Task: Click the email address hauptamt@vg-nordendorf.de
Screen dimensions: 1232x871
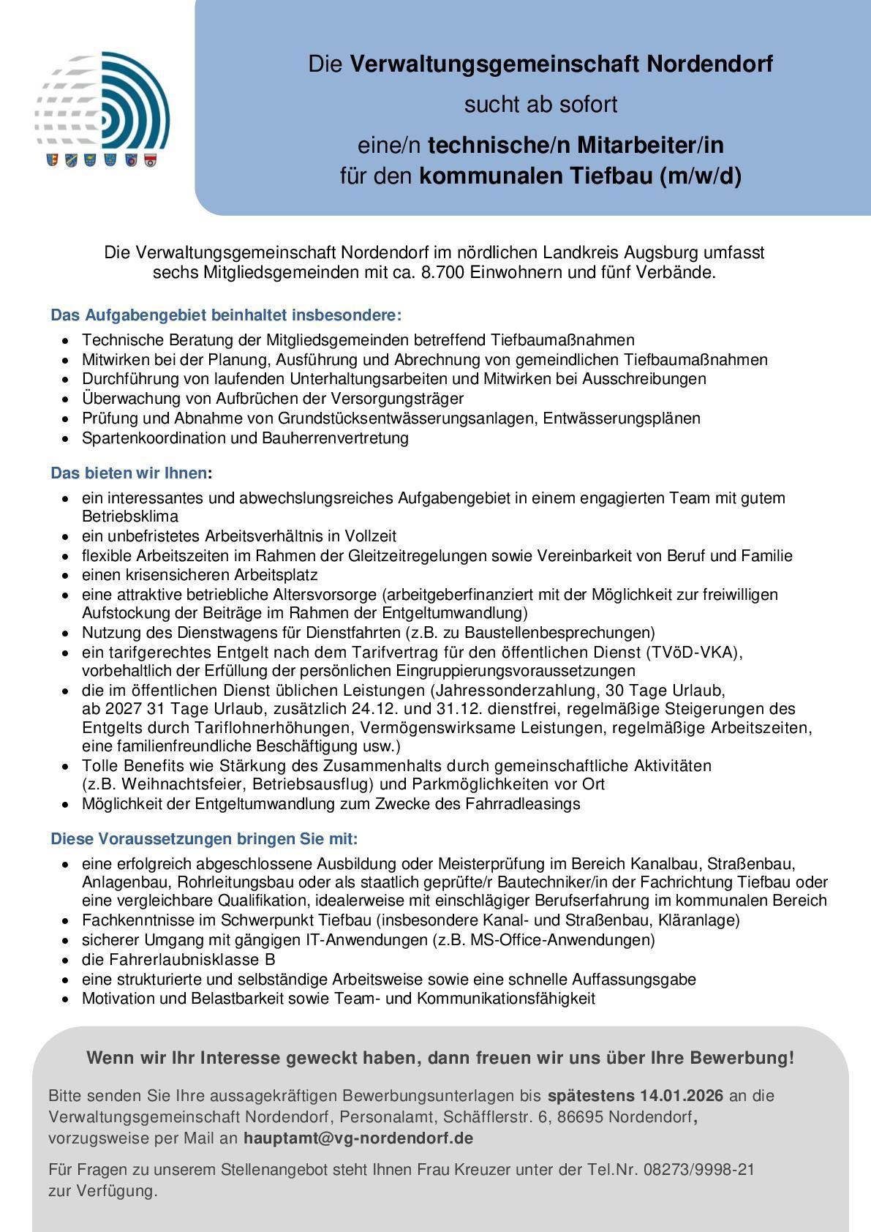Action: [358, 1138]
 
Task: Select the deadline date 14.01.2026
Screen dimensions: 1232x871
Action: [682, 1096]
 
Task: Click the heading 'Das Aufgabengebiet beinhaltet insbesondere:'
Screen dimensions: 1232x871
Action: [226, 316]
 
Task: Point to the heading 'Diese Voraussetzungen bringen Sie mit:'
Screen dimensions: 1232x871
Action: [204, 839]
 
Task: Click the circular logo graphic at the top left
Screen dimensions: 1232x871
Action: [102, 102]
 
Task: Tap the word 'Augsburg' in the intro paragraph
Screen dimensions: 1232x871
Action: [664, 253]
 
